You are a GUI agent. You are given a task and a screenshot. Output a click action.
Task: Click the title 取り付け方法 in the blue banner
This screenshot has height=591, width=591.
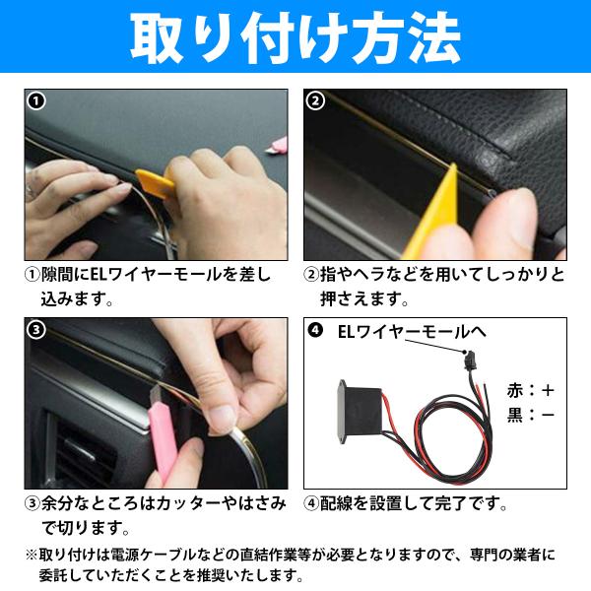coord(295,37)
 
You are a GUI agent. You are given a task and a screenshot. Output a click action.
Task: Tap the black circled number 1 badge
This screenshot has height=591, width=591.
coord(36,101)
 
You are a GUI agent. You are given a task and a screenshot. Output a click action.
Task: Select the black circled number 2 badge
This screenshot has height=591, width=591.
coord(315,101)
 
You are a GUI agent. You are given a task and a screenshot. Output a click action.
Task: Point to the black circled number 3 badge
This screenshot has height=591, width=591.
coord(36,330)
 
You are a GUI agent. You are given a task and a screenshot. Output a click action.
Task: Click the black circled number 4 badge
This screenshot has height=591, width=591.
coord(315,331)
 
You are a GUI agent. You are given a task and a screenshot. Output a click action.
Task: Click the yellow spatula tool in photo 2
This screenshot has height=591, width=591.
coord(433,219)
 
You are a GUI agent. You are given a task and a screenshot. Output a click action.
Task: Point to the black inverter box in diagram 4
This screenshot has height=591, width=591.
coord(359,412)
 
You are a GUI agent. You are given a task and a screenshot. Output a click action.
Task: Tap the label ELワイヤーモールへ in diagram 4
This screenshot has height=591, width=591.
coord(412,332)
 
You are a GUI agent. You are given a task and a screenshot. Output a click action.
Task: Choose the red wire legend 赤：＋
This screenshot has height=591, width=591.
coord(530,391)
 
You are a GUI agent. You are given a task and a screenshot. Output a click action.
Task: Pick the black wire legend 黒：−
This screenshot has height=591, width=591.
coord(530,415)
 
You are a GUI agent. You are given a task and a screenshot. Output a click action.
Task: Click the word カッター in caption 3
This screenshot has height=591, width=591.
coord(189,503)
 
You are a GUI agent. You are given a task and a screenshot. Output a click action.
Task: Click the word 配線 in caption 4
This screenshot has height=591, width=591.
coord(336,503)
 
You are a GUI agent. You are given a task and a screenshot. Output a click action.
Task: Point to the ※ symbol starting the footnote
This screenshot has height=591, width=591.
coord(32,555)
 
